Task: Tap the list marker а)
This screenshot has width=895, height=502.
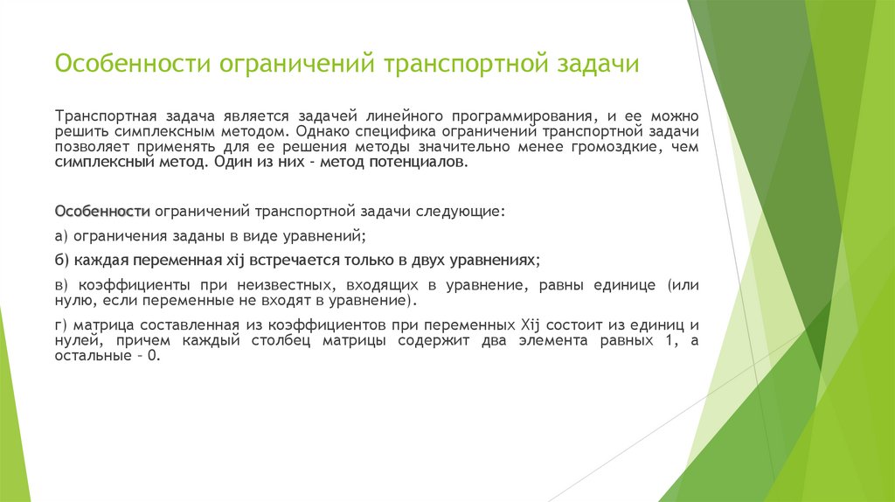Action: [x=61, y=236]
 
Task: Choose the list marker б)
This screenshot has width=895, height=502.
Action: [x=62, y=261]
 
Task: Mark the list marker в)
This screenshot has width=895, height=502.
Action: [x=61, y=285]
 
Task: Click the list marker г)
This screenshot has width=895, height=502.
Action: [x=60, y=325]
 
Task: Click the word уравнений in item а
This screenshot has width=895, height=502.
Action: [x=330, y=236]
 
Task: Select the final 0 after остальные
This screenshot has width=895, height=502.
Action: [x=154, y=357]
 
